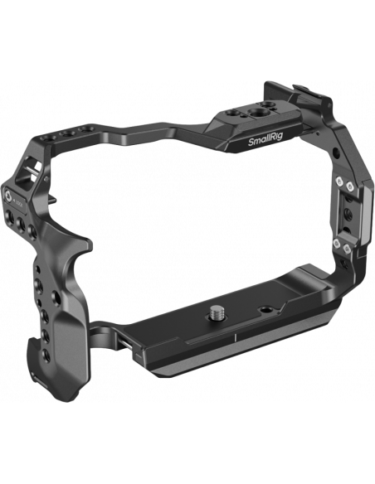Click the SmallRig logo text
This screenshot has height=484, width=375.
click(265, 141)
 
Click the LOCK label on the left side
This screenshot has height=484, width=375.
click(19, 203)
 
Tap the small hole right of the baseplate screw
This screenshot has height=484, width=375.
click(265, 309)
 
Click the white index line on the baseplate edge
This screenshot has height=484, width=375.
click(235, 336)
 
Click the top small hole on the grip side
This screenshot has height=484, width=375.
click(37, 269)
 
